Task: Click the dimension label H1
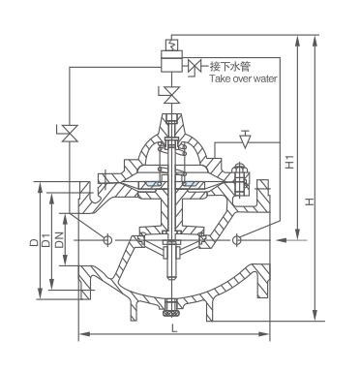point(291,162)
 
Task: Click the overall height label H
point(310,201)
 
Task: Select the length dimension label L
point(174,328)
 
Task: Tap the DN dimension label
point(60,239)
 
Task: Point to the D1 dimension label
point(47,239)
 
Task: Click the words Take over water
point(243,78)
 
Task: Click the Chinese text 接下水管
point(229,67)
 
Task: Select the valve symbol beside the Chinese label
point(195,67)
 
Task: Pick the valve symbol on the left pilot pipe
point(70,133)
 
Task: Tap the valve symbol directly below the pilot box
point(171,94)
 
